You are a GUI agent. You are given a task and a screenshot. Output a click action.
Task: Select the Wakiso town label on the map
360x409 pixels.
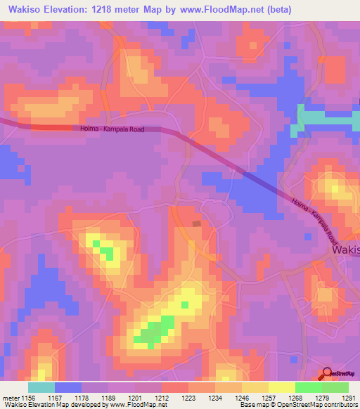point(345,249)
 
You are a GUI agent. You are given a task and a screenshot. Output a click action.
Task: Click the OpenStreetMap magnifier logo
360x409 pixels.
point(328,374)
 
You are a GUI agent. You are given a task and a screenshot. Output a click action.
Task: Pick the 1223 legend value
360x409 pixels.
point(188,398)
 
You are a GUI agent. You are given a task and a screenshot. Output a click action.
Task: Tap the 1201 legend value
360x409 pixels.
point(135,398)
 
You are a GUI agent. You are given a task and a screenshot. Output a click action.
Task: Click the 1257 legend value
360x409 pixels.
point(269,398)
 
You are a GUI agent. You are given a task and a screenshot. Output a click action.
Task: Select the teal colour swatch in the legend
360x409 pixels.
point(41,387)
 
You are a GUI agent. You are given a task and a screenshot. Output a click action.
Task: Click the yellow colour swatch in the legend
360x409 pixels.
point(282,387)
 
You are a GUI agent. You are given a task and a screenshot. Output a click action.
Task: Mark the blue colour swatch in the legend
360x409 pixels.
point(68,387)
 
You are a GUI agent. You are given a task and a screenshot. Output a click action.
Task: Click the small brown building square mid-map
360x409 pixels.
point(196,223)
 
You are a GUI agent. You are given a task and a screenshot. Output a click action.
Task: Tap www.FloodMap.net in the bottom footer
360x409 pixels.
point(137,405)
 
